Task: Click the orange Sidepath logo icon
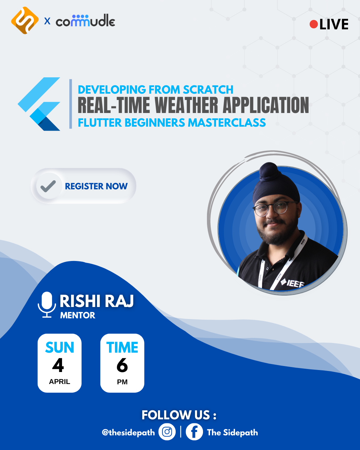(25, 21)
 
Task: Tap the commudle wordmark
(85, 21)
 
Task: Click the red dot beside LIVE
(313, 24)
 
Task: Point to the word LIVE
(334, 24)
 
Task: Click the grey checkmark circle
(48, 186)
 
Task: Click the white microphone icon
(47, 304)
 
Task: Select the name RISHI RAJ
(97, 301)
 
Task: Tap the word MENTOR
(78, 315)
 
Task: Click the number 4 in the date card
(58, 365)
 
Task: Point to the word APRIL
(59, 382)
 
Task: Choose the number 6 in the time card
(122, 365)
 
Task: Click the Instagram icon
(167, 432)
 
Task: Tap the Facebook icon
(194, 432)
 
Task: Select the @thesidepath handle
(128, 432)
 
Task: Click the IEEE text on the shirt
(295, 284)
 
